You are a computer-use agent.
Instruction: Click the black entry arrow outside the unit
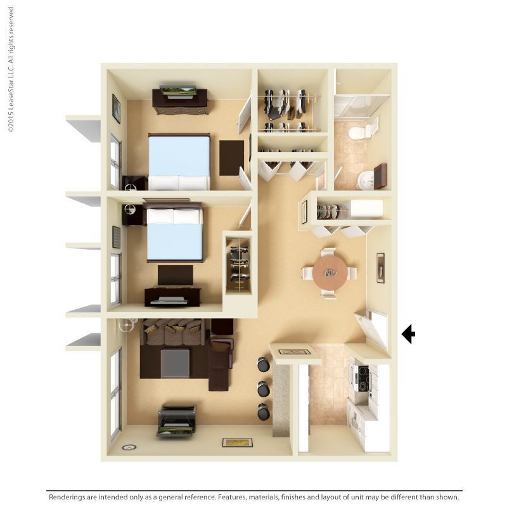tap(408, 333)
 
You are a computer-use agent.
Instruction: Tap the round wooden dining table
tap(330, 273)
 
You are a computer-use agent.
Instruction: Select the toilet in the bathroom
tap(363, 132)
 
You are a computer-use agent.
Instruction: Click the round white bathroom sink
tap(366, 180)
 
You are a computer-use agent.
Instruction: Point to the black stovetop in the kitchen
tap(363, 378)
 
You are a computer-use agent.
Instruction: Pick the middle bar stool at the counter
tap(263, 388)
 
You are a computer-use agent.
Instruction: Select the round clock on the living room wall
tap(129, 447)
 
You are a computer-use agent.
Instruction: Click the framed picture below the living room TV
tap(237, 442)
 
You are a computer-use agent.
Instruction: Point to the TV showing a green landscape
tap(177, 91)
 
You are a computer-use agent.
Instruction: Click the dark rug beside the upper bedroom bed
tap(231, 157)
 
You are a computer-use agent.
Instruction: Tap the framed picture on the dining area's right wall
tap(380, 267)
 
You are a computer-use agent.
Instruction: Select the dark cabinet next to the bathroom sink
tap(380, 176)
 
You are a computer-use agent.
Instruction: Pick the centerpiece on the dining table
tap(330, 273)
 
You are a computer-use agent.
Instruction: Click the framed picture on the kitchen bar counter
tap(294, 352)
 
